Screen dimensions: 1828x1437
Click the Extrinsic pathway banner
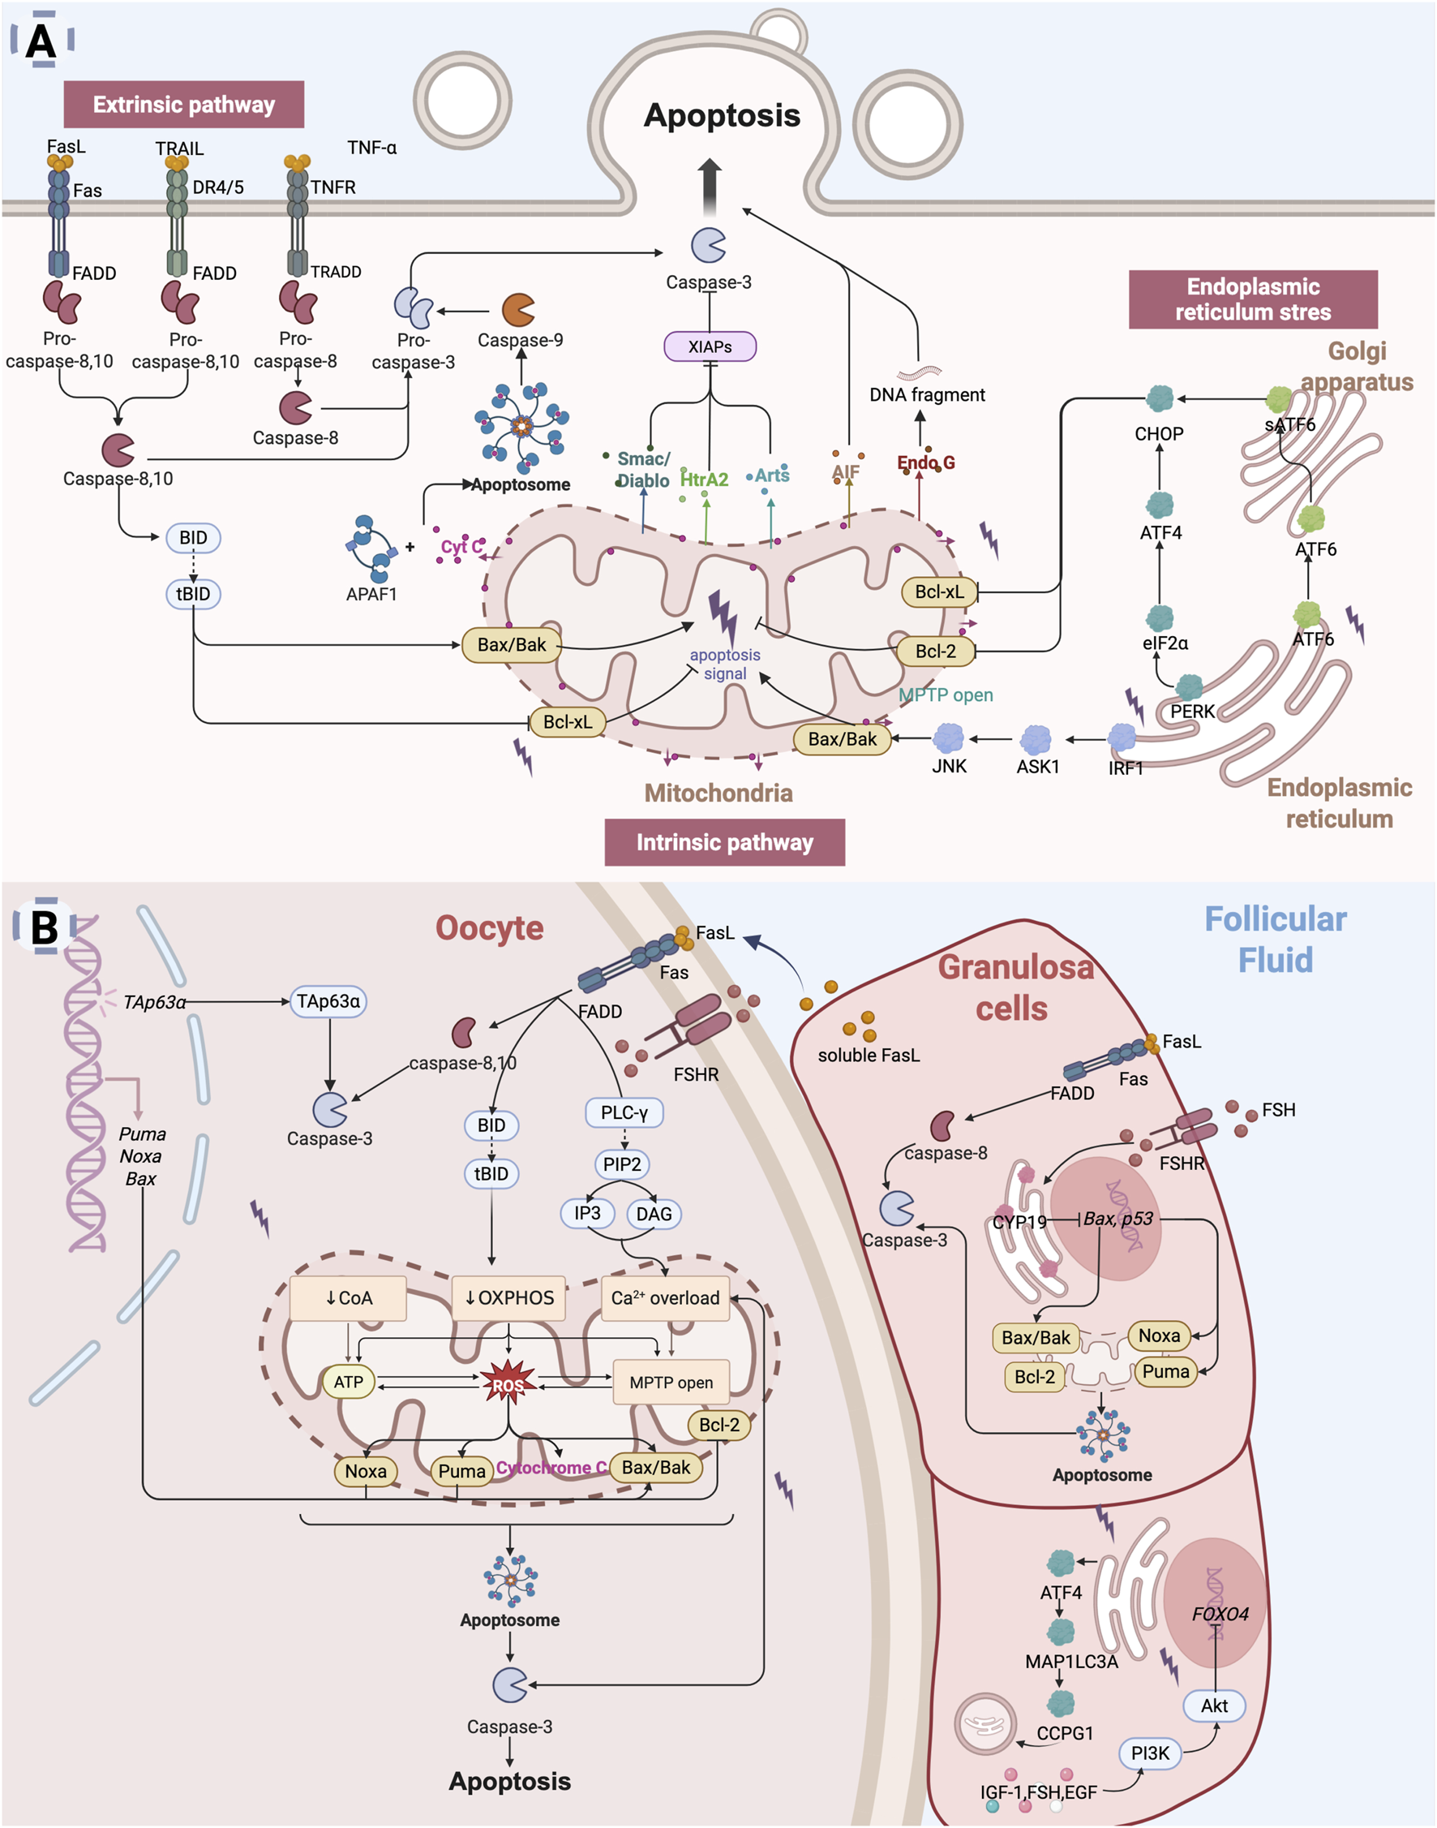(x=183, y=105)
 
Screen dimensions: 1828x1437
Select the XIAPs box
(x=710, y=346)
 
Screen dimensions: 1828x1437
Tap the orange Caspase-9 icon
(x=518, y=310)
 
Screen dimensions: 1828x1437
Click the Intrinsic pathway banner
(x=724, y=842)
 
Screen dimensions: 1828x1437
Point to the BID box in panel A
(x=193, y=538)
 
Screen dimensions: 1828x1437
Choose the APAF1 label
(x=371, y=594)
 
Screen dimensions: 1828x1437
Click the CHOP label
(x=1159, y=434)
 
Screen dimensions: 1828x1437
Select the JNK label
(x=949, y=766)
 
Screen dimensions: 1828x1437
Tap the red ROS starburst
(x=508, y=1384)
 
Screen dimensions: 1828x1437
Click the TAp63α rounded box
(x=328, y=1001)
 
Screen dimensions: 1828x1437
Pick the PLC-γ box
(x=624, y=1112)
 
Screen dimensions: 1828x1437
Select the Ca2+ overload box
(x=665, y=1298)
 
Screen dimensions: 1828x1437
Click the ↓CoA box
(x=349, y=1298)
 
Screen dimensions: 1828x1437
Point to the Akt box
(x=1213, y=1706)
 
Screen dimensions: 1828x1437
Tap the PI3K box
(x=1149, y=1753)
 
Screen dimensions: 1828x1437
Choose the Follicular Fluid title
(x=1275, y=940)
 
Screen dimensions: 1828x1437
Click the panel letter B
(x=45, y=927)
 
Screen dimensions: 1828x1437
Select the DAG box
(x=654, y=1214)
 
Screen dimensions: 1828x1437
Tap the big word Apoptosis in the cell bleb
(x=721, y=115)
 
